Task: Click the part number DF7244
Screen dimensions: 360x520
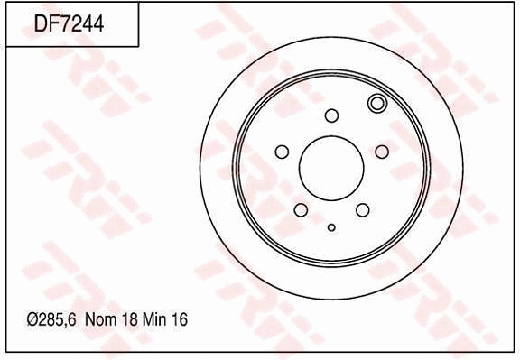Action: (x=69, y=23)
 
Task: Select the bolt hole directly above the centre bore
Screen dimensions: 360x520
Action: (x=331, y=115)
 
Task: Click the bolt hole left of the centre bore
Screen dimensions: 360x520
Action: (x=281, y=151)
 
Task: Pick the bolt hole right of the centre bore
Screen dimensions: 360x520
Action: (x=381, y=151)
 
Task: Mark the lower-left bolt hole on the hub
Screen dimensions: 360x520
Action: (x=300, y=210)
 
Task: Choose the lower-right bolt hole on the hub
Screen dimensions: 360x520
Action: (x=362, y=210)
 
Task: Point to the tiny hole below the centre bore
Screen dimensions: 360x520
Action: (x=331, y=227)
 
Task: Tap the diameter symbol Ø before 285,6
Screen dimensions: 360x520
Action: (x=32, y=320)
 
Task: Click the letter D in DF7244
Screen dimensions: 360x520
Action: (x=41, y=23)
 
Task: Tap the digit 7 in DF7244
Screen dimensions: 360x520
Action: (x=63, y=23)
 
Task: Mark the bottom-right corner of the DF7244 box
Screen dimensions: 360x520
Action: (x=138, y=46)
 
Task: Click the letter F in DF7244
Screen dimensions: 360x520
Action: (x=51, y=23)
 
